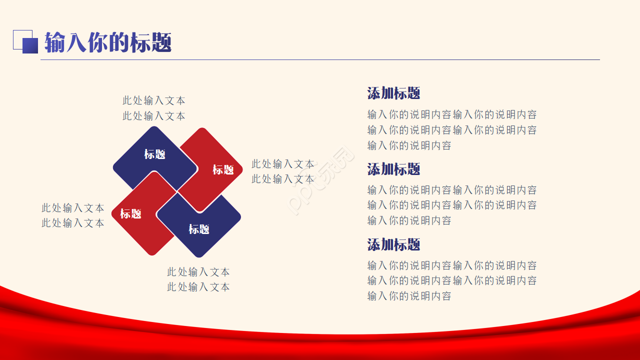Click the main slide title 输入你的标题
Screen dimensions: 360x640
click(x=108, y=42)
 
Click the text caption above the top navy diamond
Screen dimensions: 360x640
click(x=154, y=108)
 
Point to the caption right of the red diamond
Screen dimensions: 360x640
click(x=283, y=171)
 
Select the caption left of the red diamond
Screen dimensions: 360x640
click(x=73, y=215)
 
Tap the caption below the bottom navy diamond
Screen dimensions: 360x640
click(x=198, y=279)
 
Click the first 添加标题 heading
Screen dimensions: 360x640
click(x=393, y=93)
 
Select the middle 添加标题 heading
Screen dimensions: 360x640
click(x=393, y=169)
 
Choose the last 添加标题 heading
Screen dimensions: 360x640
click(x=393, y=244)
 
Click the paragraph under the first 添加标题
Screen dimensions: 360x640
click(x=452, y=130)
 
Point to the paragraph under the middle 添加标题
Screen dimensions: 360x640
click(x=452, y=205)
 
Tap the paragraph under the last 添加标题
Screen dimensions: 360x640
click(x=452, y=280)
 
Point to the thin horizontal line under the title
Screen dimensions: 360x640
click(x=320, y=59)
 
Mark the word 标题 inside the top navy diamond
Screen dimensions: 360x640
click(x=155, y=154)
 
